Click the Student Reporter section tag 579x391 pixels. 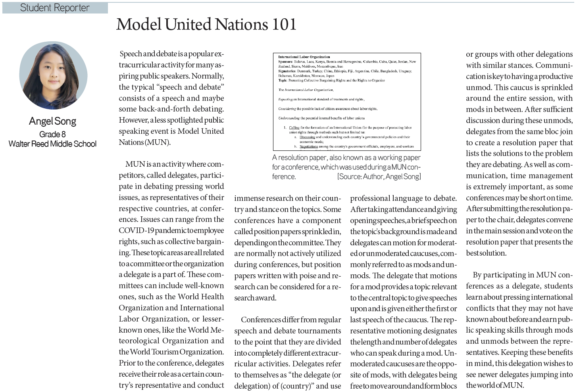pyautogui.click(x=55, y=8)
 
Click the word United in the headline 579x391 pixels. pyautogui.click(x=190, y=25)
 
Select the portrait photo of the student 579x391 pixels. pyautogui.click(x=53, y=76)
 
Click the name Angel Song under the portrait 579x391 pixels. pyautogui.click(x=52, y=121)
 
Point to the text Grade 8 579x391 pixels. pyautogui.click(x=52, y=134)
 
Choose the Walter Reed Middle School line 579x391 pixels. pyautogui.click(x=52, y=144)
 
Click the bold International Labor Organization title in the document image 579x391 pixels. pyautogui.click(x=304, y=57)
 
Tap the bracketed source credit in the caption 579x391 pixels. pyautogui.click(x=379, y=177)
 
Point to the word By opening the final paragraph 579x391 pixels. pyautogui.click(x=477, y=275)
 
